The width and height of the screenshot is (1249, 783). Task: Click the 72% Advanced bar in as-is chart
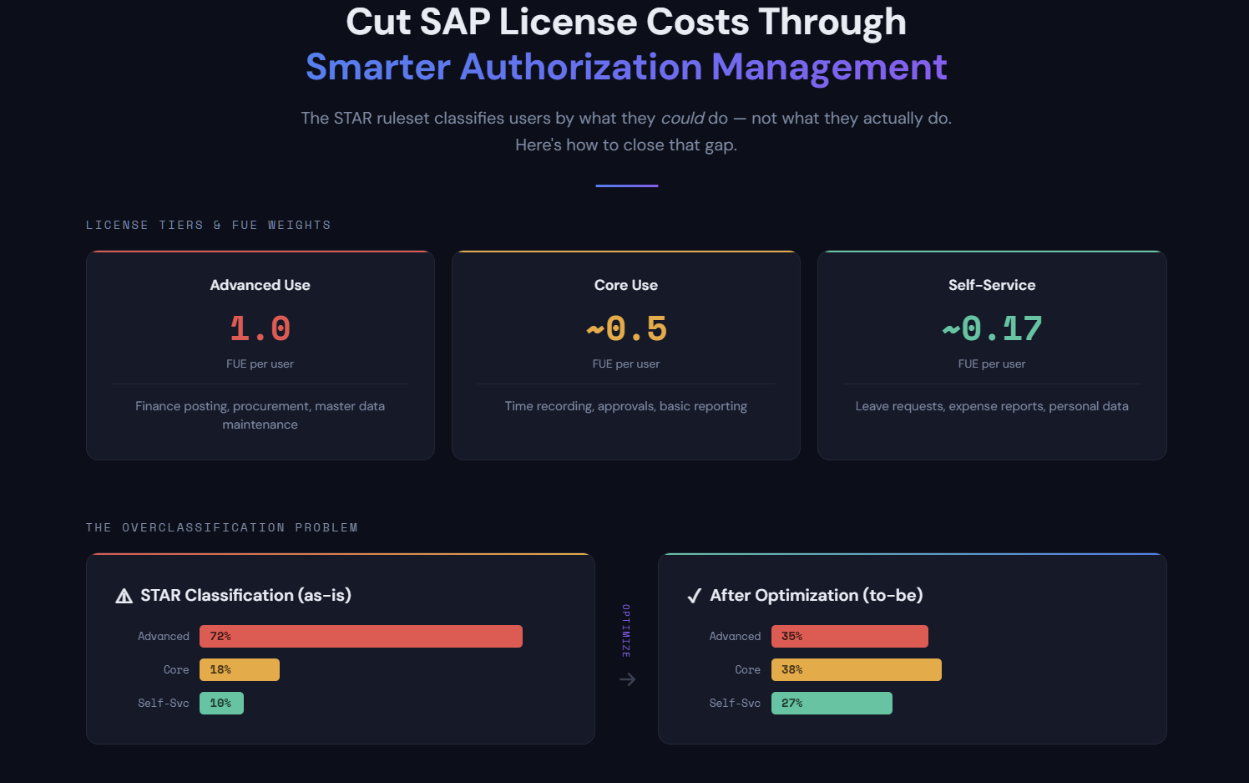tap(361, 636)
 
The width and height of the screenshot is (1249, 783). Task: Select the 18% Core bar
tap(240, 669)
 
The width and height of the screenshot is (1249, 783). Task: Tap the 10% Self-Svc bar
tap(221, 703)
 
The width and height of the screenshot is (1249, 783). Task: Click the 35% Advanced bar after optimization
tap(849, 636)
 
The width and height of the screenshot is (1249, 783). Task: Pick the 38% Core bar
tap(856, 669)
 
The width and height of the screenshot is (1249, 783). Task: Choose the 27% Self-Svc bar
tap(832, 703)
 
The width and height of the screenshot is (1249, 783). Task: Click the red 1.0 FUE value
tap(260, 328)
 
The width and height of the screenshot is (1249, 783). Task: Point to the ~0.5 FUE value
tap(626, 328)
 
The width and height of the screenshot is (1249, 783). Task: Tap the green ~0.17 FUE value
tap(992, 328)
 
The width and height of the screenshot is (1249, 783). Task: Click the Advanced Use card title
tap(260, 285)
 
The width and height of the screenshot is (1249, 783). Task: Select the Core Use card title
tap(626, 285)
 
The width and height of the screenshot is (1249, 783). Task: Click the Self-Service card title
tap(992, 285)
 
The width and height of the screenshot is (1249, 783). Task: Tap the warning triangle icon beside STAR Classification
tap(124, 596)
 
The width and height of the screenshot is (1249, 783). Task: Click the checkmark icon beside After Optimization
tap(694, 596)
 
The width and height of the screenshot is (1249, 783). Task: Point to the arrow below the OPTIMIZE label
tap(627, 679)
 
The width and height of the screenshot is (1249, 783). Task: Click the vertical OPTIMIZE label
tap(626, 631)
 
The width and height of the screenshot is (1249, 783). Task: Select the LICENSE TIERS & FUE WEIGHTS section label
tap(208, 225)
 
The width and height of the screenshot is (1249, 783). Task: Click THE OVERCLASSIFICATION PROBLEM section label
tap(221, 527)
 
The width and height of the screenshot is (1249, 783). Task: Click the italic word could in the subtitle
tap(682, 118)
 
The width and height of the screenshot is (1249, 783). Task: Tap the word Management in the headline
tap(829, 67)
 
